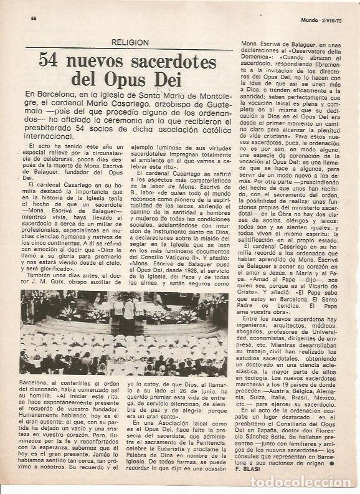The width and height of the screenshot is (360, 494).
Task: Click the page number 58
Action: pyautogui.click(x=34, y=18)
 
